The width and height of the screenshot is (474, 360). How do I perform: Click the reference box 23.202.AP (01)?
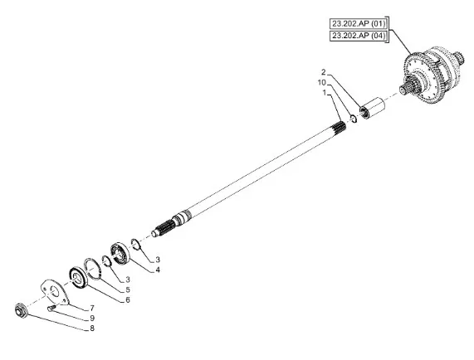point(359,23)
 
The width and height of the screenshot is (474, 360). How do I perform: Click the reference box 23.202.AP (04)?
point(359,36)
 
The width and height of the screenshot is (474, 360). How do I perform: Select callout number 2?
point(324,72)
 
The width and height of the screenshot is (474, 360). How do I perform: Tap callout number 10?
point(322,82)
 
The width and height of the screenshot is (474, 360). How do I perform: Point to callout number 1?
point(325,92)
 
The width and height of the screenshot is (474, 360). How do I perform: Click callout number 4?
point(158,270)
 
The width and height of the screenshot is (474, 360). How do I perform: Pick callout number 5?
point(128,289)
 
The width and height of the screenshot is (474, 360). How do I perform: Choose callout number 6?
point(128,300)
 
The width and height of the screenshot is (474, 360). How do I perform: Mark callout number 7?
point(92,308)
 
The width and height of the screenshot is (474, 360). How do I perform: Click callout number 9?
point(92,318)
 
